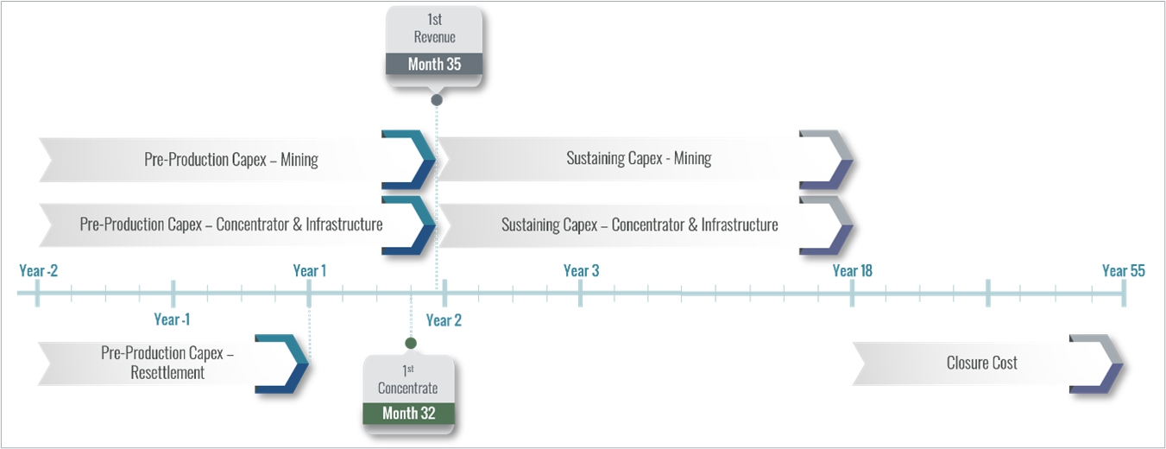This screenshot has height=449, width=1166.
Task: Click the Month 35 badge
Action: (x=434, y=65)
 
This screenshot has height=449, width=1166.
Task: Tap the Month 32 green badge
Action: (x=408, y=413)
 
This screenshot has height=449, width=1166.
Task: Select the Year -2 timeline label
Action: (x=39, y=271)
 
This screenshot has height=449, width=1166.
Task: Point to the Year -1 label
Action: (x=173, y=319)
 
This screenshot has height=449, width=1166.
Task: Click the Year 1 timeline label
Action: (x=310, y=271)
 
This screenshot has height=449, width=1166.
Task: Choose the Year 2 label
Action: (x=444, y=320)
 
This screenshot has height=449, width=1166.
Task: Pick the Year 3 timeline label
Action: (x=581, y=271)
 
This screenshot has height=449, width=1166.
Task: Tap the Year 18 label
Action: (x=852, y=271)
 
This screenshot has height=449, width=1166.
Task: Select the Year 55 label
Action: (x=1123, y=271)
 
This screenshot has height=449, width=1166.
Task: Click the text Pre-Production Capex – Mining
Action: (x=230, y=160)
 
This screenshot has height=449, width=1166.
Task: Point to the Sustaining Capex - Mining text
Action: (x=639, y=159)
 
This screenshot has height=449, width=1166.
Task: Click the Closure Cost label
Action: (x=981, y=363)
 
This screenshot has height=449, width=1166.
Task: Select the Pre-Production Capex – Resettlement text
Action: (x=167, y=363)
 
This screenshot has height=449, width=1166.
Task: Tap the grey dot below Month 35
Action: (x=437, y=100)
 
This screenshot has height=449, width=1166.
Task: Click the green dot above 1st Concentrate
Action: (x=411, y=343)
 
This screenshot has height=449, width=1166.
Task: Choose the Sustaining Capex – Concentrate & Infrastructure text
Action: (x=640, y=225)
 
